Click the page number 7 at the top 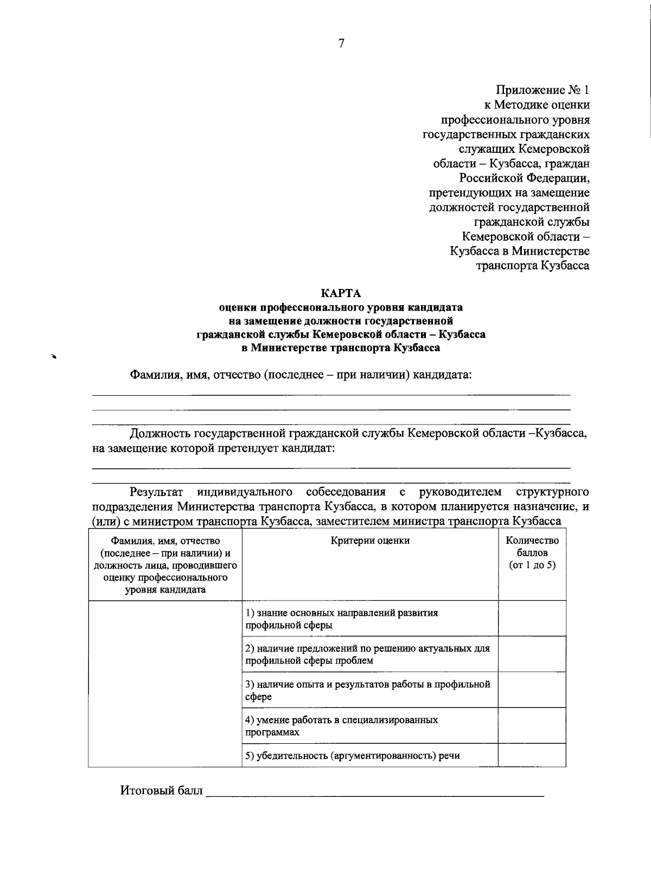point(341,44)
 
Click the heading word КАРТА point(341,293)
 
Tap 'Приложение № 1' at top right point(542,90)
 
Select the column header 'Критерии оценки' point(370,540)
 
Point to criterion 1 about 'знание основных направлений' point(341,619)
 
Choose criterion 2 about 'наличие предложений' point(367,654)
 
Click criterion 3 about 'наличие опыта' point(367,690)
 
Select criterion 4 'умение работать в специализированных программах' point(341,726)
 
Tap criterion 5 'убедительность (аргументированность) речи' point(353,756)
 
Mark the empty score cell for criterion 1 point(532,619)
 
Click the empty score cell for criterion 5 point(532,756)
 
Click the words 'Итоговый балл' point(161,791)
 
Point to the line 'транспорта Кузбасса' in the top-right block point(532,266)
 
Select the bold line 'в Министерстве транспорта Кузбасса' point(341,348)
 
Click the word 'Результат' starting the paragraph point(156,492)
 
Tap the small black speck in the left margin point(54,356)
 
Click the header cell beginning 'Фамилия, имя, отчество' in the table point(165,565)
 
